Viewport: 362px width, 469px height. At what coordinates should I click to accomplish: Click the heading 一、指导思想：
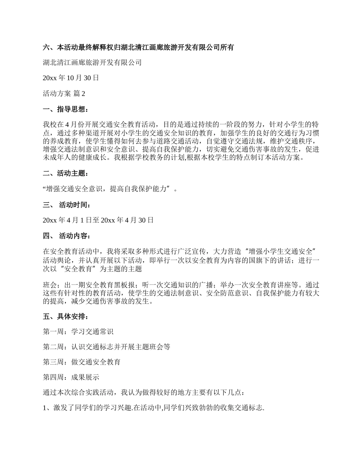coord(66,110)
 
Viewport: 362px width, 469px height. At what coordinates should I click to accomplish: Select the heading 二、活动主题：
coord(66,174)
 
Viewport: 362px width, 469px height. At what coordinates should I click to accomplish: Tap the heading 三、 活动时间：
coord(67,205)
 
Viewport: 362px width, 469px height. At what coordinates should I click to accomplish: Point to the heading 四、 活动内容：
coord(67,236)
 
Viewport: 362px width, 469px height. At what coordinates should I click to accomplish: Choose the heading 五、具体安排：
coord(66,317)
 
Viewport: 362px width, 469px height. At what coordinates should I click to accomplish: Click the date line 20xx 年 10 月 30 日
coord(71,78)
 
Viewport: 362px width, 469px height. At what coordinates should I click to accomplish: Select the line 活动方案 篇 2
coord(64,94)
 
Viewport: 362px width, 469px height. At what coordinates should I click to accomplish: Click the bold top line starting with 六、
coord(138,48)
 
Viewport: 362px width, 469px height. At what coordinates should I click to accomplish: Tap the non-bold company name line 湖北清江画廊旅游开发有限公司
coord(92,63)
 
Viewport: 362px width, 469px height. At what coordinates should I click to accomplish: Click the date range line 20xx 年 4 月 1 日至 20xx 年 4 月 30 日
coord(98,220)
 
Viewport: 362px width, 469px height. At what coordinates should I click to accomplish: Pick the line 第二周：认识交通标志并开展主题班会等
coord(106,347)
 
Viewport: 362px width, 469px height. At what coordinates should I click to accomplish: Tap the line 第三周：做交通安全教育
coord(82,362)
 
